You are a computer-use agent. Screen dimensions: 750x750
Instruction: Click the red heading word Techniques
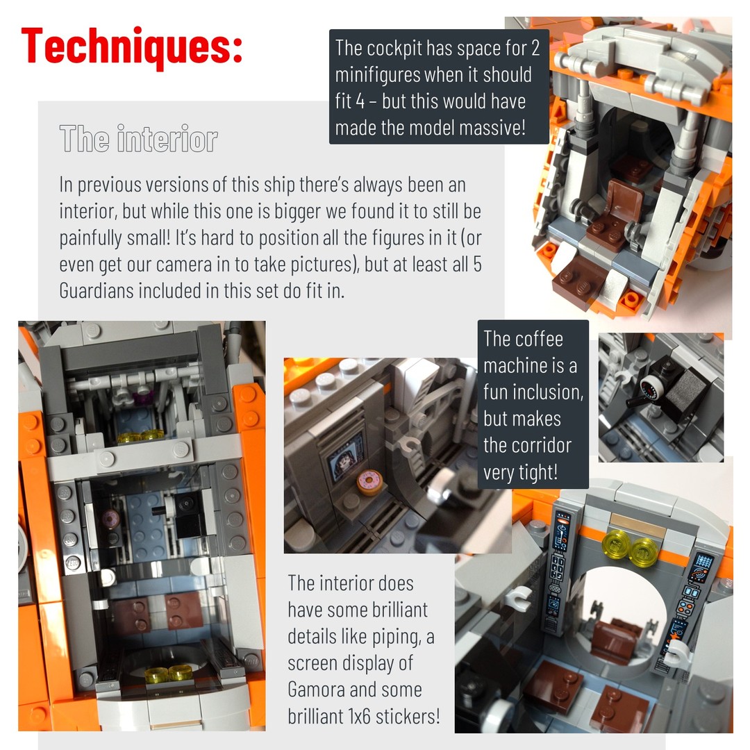[131, 47]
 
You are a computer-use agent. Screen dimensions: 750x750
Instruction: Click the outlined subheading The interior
[139, 139]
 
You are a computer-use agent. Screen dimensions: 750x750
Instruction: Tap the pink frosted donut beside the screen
[369, 483]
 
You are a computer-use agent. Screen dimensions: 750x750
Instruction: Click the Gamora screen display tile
[345, 458]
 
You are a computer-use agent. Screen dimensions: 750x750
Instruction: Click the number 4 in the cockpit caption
[360, 101]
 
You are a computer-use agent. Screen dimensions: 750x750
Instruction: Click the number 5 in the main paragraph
[477, 265]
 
